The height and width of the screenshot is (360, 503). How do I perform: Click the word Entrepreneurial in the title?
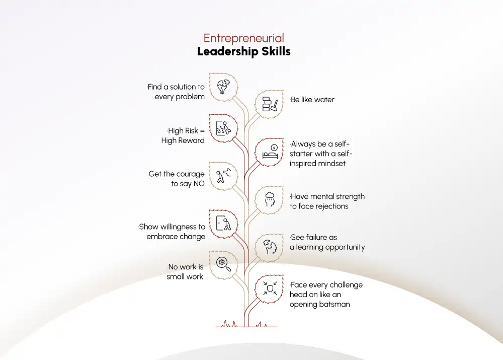pyautogui.click(x=244, y=38)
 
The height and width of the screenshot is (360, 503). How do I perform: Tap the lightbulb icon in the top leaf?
pyautogui.click(x=223, y=87)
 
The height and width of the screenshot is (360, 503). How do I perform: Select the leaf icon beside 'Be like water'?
pyautogui.click(x=270, y=104)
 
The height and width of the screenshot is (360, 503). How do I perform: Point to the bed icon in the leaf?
pyautogui.click(x=270, y=152)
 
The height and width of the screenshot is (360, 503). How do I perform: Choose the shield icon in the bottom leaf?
pyautogui.click(x=270, y=288)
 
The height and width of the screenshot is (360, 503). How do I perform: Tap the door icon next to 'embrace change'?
pyautogui.click(x=223, y=223)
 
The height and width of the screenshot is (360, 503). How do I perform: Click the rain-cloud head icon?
pyautogui.click(x=270, y=199)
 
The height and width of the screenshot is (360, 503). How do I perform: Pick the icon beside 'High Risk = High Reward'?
pyautogui.click(x=223, y=128)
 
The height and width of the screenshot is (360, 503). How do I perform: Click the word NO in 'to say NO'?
pyautogui.click(x=199, y=184)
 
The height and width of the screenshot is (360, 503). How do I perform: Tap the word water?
pyautogui.click(x=324, y=100)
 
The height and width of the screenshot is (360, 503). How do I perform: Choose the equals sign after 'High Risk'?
pyautogui.click(x=202, y=131)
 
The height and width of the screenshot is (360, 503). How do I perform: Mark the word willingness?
pyautogui.click(x=178, y=227)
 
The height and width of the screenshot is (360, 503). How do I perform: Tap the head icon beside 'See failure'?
pyautogui.click(x=270, y=247)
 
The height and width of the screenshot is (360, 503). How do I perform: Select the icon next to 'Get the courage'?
pyautogui.click(x=223, y=176)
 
